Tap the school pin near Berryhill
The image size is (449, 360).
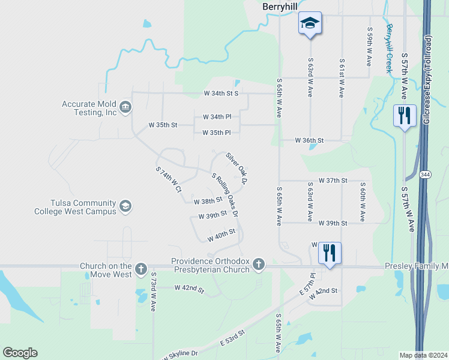coord(310,23)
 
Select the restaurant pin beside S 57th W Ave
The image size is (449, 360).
coord(405,115)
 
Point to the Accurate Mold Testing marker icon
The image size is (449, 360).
coord(125,108)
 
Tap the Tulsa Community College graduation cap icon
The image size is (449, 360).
coord(125,207)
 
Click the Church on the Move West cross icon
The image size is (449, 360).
coord(140,268)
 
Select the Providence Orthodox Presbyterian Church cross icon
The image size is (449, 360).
coord(258,263)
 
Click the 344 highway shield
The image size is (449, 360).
coord(425,174)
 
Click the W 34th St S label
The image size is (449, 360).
coord(221,94)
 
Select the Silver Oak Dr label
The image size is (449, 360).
coord(237,167)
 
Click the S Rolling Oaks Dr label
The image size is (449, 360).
coord(225,194)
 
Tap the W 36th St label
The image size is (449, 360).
coord(309,140)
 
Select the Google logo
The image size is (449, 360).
coord(20,353)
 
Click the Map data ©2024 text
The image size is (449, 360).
coord(423,355)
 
